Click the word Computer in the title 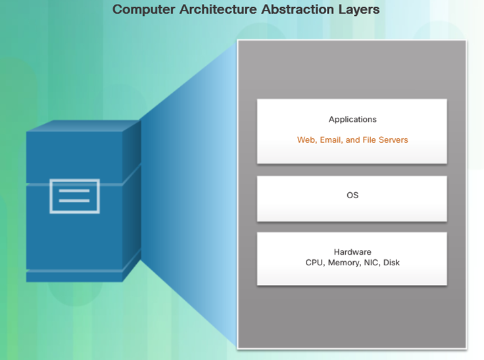click(x=143, y=10)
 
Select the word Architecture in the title click(x=218, y=9)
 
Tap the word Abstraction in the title click(x=297, y=9)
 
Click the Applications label click(x=352, y=120)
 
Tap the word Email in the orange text click(x=331, y=140)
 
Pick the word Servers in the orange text click(x=393, y=140)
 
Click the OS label click(x=352, y=195)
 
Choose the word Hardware click(x=352, y=252)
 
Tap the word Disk click(x=391, y=263)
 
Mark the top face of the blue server click(x=84, y=126)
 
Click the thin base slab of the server click(x=74, y=277)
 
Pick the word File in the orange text click(x=369, y=140)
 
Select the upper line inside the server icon click(x=74, y=191)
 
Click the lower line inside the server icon click(x=74, y=201)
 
